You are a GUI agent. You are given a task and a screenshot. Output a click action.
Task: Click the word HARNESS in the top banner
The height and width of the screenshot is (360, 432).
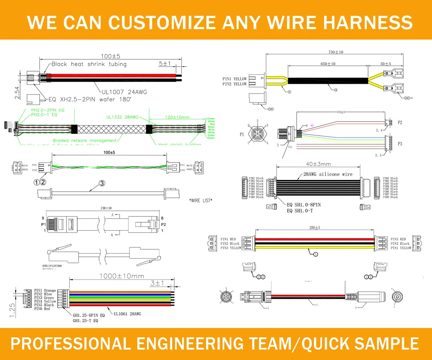coord(368,22)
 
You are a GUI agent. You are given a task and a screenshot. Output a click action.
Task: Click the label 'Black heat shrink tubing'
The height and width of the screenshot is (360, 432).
coord(89,64)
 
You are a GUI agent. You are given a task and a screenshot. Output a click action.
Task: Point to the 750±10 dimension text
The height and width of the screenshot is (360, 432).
coord(336,52)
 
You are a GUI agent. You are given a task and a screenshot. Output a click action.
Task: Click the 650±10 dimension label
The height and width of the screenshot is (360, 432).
coord(328,64)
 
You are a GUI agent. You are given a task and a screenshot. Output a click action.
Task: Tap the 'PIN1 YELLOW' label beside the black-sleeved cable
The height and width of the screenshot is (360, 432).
coord(234,79)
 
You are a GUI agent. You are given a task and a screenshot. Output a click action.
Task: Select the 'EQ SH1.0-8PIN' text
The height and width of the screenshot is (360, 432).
coord(303,205)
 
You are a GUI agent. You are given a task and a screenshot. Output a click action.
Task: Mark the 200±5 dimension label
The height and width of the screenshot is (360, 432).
coord(315,228)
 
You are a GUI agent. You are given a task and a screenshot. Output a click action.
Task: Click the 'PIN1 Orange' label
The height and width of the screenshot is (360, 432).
coord(45,291)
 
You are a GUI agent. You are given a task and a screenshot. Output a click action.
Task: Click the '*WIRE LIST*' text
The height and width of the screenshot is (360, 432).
coord(201,200)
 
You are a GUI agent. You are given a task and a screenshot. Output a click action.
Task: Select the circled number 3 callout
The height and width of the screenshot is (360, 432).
coord(102,183)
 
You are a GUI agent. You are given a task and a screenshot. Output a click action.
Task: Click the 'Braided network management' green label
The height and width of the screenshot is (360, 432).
coord(85,141)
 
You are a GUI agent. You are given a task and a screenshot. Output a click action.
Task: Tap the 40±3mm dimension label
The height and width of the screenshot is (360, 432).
coord(318,164)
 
